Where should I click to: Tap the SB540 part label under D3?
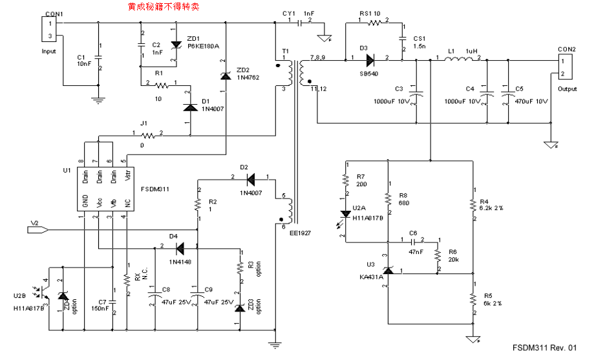368,73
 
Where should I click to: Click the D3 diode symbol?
370,59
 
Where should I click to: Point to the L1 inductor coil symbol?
458,60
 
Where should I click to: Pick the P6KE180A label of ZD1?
203,47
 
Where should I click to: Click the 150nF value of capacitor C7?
101,309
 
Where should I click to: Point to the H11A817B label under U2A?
368,218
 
